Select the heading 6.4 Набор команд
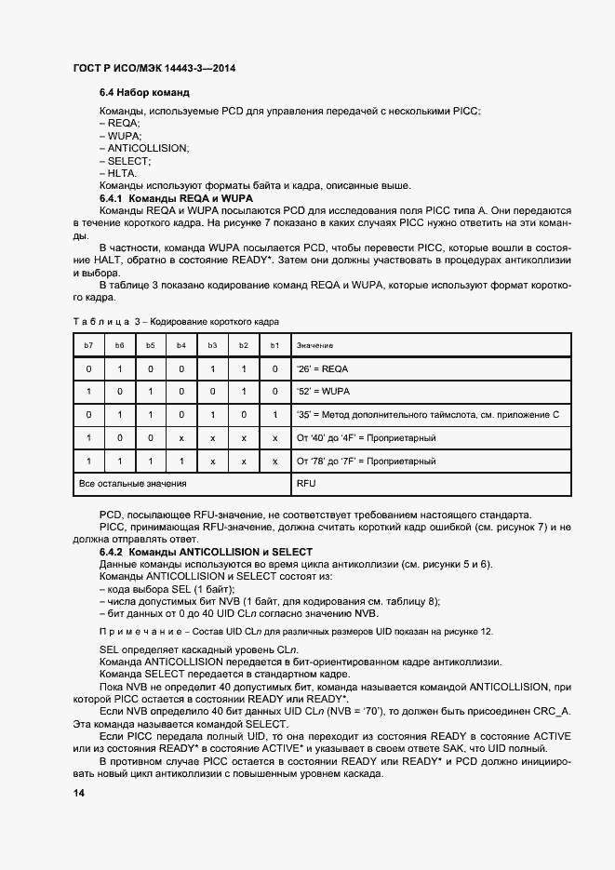[144, 94]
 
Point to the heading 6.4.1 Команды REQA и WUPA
[176, 199]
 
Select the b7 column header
[87, 345]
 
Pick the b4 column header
[180, 345]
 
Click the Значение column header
[314, 345]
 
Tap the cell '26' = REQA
[322, 369]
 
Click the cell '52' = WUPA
[323, 392]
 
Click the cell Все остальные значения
[133, 484]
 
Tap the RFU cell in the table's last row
[306, 484]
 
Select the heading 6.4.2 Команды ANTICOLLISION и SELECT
[206, 553]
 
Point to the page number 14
[78, 793]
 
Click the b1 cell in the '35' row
[274, 415]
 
